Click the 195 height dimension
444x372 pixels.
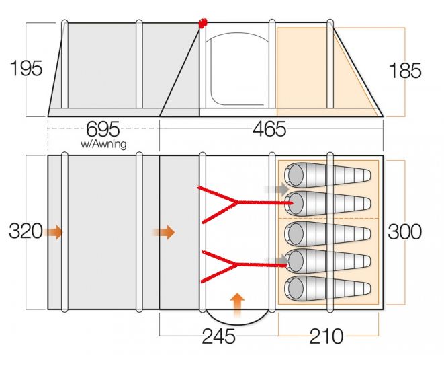(x=26, y=68)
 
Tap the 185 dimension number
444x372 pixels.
(x=405, y=71)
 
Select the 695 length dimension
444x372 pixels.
(x=103, y=129)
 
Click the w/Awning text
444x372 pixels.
(x=103, y=144)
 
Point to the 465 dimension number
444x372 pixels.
(x=269, y=129)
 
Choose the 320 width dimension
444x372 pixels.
(x=26, y=231)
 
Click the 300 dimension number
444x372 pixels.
(x=404, y=231)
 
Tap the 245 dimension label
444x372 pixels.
(x=218, y=336)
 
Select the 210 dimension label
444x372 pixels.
(x=326, y=336)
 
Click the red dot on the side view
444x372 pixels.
(x=203, y=24)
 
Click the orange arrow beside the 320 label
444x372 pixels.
(x=53, y=233)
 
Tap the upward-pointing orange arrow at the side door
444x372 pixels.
(x=237, y=305)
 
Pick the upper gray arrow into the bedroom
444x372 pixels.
(x=277, y=190)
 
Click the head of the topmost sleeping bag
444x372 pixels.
(x=296, y=174)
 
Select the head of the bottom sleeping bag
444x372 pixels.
(x=296, y=288)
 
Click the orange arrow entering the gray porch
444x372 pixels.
(x=165, y=233)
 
